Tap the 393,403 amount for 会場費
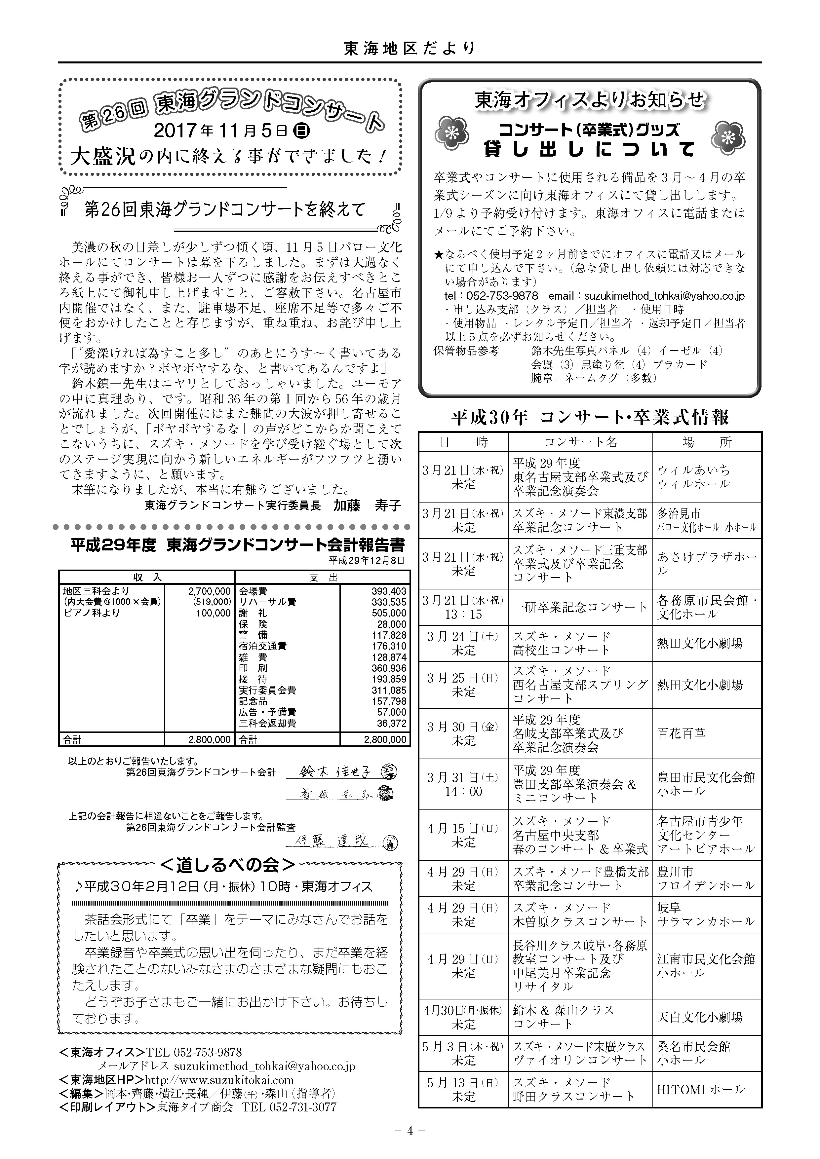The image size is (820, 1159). click(388, 591)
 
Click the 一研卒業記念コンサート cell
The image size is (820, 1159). click(580, 607)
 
